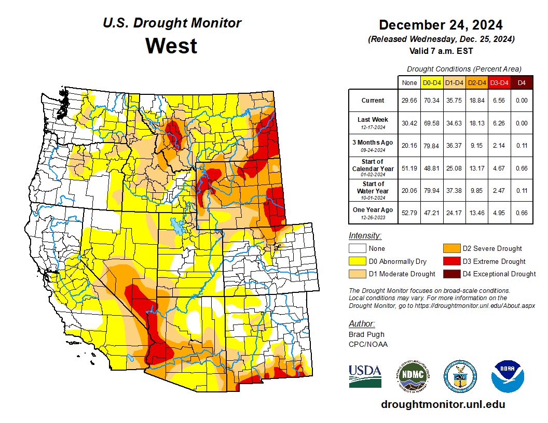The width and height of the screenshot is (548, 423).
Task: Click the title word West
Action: coord(171,46)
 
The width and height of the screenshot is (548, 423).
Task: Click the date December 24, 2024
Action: coord(441,25)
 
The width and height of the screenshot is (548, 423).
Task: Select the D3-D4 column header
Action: coord(499,82)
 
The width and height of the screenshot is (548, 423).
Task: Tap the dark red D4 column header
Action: coord(522,82)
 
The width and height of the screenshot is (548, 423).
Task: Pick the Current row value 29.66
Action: coord(409,101)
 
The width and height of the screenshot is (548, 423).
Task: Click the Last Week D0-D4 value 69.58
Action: coord(432,123)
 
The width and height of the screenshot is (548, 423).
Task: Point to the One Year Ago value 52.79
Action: coord(409,212)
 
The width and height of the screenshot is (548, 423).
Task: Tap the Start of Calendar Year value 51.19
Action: coord(409,168)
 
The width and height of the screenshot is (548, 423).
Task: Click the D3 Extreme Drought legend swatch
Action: coord(451,261)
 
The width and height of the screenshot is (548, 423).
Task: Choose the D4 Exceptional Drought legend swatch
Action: coord(451,274)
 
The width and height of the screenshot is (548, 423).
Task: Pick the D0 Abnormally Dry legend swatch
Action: coord(358,261)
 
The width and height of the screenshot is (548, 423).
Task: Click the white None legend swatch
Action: coord(358,249)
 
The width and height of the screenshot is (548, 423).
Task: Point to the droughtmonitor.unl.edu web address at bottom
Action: coord(443,404)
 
